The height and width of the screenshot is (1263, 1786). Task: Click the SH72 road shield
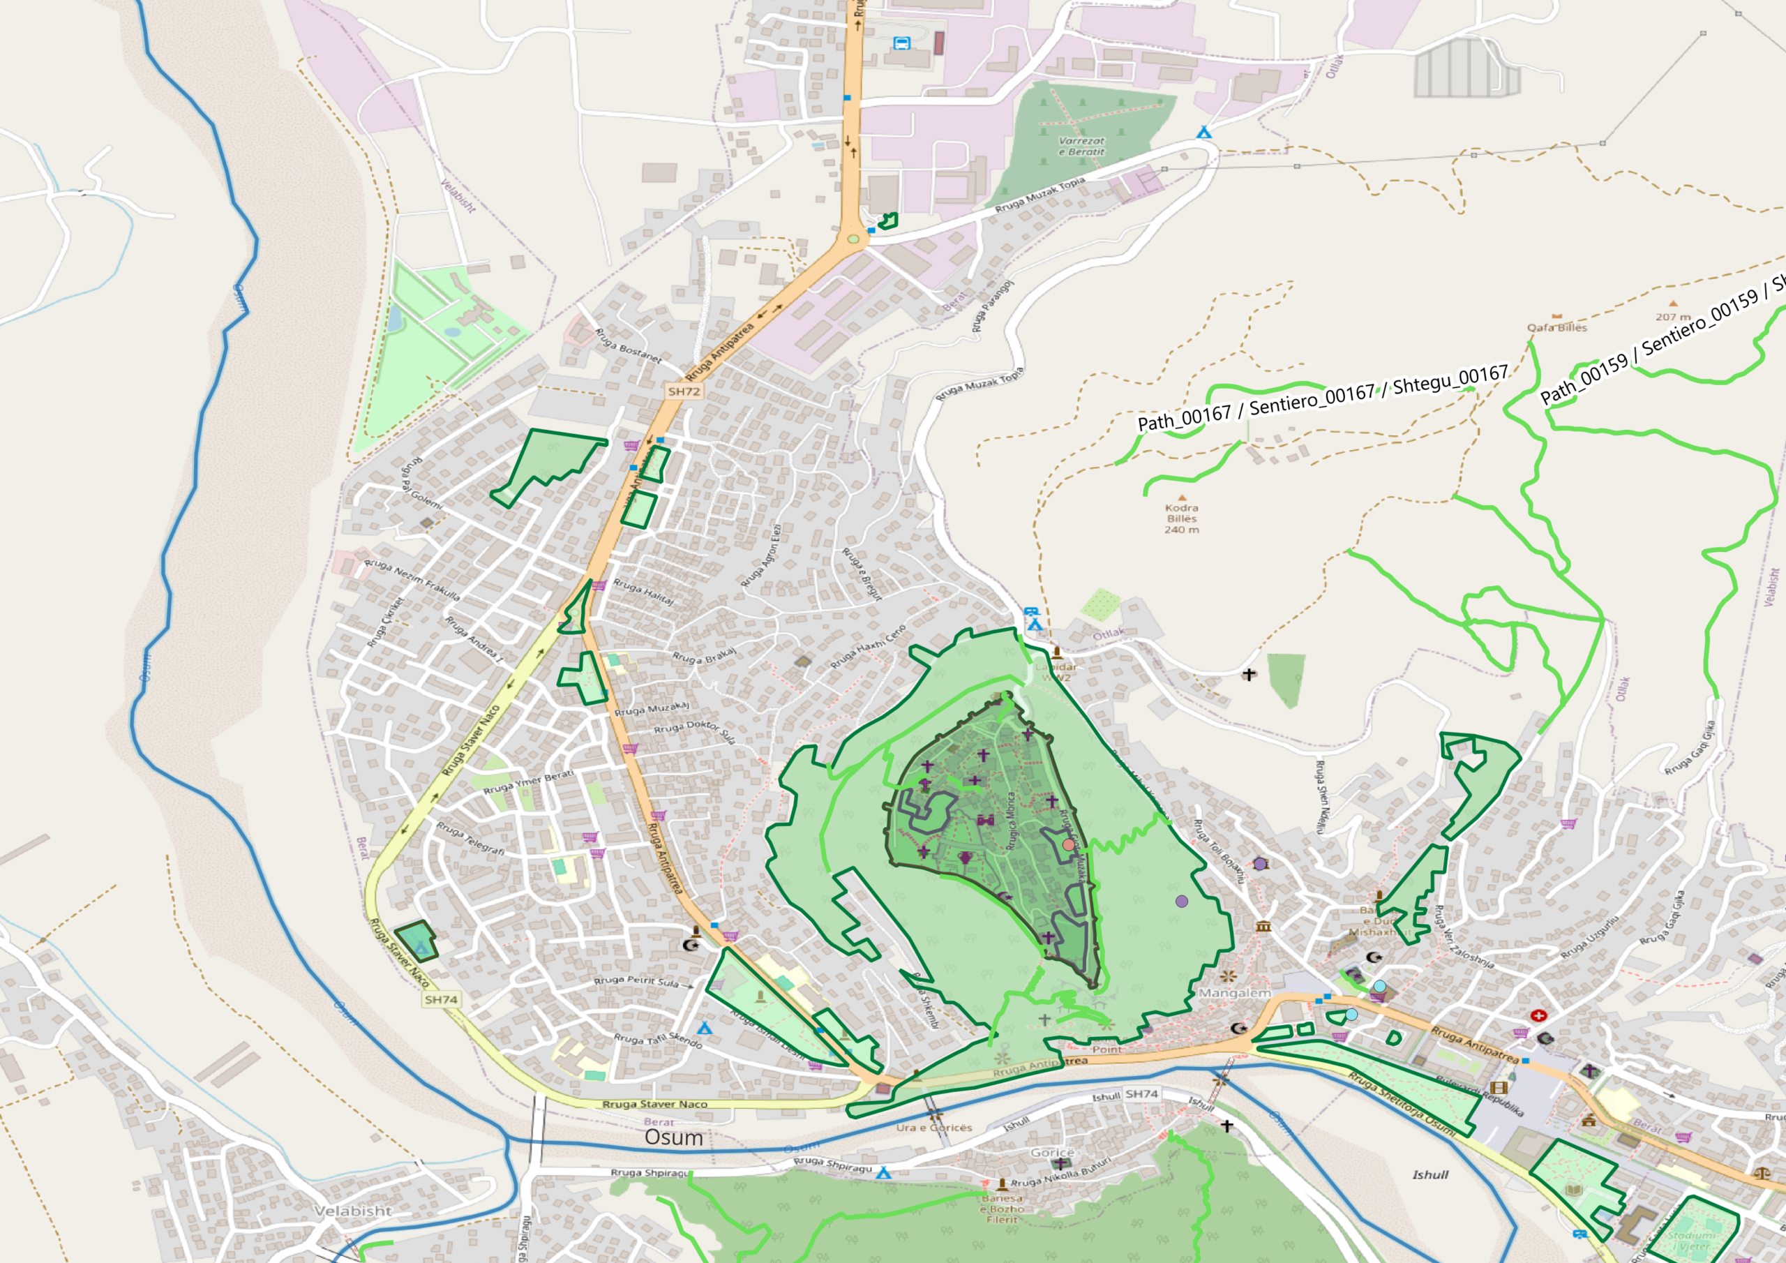(684, 391)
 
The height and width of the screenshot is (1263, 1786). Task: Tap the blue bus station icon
(901, 43)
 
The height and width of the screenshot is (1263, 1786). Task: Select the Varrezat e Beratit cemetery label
(1081, 147)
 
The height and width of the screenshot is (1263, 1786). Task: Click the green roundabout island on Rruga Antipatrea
(853, 239)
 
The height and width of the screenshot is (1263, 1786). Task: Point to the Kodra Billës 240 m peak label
(1182, 518)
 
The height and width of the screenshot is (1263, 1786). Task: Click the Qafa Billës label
(1556, 328)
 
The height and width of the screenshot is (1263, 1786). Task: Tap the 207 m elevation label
(1672, 317)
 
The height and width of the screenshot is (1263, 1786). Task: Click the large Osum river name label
(674, 1137)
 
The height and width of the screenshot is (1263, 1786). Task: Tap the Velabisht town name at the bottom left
(353, 1211)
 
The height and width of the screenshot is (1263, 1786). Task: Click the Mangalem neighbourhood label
(1234, 994)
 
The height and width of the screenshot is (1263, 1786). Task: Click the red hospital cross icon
(1538, 1015)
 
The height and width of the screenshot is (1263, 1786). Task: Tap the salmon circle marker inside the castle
(1069, 844)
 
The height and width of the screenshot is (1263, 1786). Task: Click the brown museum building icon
(1263, 926)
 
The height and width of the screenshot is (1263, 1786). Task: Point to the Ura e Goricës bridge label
(934, 1128)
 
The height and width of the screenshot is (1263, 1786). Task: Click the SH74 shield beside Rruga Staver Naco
(441, 999)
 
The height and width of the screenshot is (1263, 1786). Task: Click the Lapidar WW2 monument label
(1056, 671)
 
